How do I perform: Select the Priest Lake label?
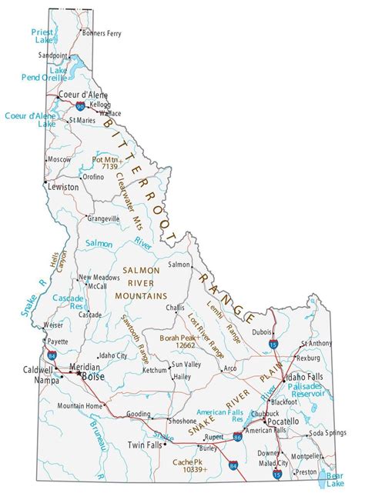tap(42, 36)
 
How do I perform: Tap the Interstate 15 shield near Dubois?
tap(275, 347)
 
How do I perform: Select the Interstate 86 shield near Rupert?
tap(239, 436)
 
